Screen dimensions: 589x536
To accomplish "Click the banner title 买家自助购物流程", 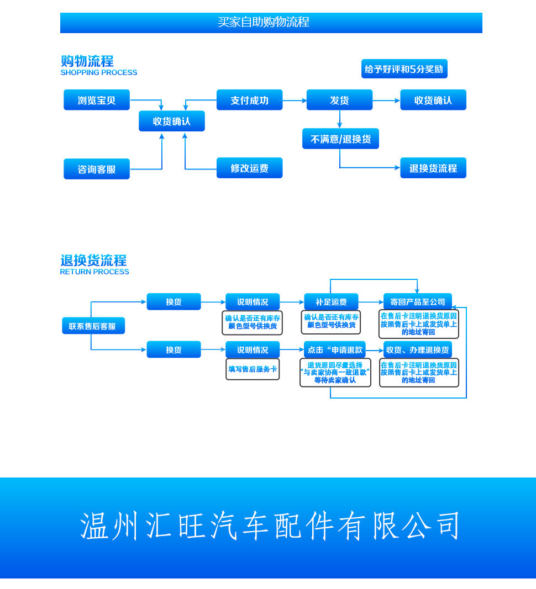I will [x=264, y=22].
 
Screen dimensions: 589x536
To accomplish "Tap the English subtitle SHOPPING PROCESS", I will [x=98, y=72].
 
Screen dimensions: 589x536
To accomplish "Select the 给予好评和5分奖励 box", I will [x=404, y=69].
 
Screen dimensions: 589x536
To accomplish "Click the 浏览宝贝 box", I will [x=97, y=100].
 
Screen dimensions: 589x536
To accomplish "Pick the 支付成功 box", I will [x=249, y=100].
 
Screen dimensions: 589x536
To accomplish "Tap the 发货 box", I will [x=339, y=100].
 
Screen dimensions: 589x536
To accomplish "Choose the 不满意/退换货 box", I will [x=340, y=139].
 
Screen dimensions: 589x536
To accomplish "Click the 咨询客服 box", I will [x=97, y=169].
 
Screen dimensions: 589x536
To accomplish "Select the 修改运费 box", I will [x=249, y=168].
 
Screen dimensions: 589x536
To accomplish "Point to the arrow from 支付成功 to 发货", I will [x=295, y=100].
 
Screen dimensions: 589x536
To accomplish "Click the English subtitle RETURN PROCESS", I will [x=94, y=272].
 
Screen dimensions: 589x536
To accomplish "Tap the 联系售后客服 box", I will [x=93, y=326].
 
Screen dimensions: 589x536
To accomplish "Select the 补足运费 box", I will [x=331, y=302].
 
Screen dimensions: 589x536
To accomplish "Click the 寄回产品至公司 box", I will [x=417, y=301].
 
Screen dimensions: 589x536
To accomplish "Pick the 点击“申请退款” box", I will [x=335, y=349].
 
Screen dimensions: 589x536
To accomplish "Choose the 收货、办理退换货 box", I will [x=417, y=349].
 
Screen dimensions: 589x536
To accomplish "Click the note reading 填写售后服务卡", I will [x=253, y=369].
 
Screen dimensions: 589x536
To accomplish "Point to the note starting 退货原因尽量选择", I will [x=335, y=373].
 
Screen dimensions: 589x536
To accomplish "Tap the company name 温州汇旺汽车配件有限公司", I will [x=270, y=526].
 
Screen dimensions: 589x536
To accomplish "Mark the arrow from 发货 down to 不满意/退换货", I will [x=339, y=119].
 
